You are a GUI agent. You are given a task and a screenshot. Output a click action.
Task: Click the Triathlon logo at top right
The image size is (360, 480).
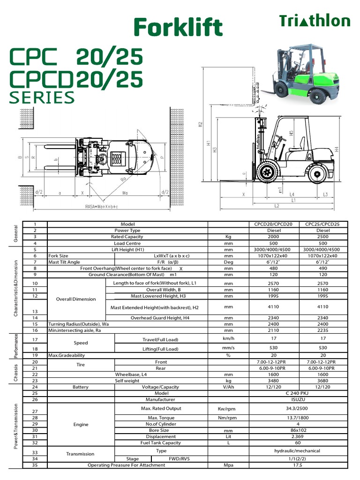[x=315, y=21]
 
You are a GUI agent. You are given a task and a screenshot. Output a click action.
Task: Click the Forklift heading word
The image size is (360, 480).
[x=178, y=27]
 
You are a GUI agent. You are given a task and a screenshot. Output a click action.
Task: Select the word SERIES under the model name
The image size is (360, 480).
[x=42, y=97]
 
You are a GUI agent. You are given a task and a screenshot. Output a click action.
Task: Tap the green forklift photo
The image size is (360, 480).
[x=305, y=74]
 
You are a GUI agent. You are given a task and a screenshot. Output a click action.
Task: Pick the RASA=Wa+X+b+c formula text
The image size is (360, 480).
[x=101, y=206]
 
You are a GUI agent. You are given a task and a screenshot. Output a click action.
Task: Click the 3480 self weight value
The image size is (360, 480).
[x=273, y=381]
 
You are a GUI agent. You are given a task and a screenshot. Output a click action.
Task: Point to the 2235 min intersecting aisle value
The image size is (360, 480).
[x=323, y=330]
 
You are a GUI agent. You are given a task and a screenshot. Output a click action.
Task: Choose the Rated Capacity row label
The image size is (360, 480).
[x=127, y=237]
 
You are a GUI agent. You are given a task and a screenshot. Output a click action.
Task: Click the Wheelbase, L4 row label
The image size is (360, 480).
[x=127, y=375]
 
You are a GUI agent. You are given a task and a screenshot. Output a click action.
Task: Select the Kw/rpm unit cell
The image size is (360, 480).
[x=228, y=409]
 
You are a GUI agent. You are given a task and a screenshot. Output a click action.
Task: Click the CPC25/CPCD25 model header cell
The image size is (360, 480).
[x=323, y=224]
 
